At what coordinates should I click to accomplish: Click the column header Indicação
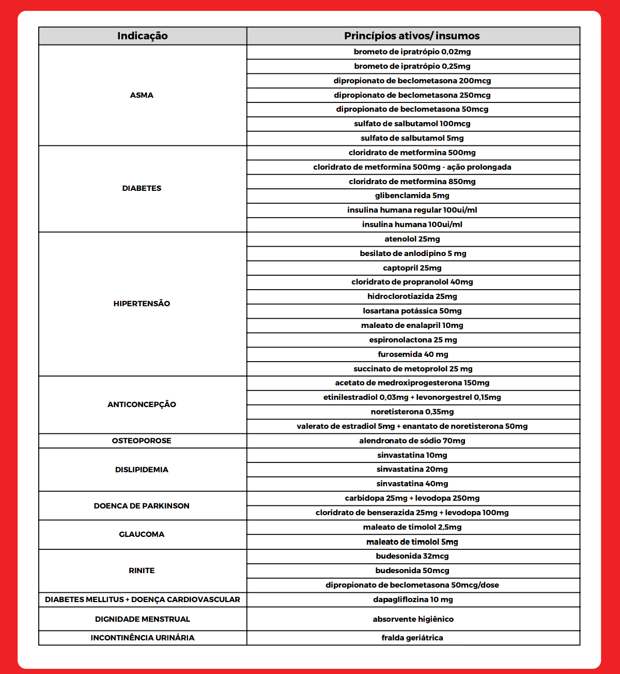click(x=142, y=36)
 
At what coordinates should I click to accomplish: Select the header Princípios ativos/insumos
click(x=412, y=36)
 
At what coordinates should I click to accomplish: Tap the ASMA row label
click(x=142, y=95)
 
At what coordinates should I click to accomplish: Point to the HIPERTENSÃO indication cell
click(x=142, y=304)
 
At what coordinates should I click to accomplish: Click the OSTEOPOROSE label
click(x=142, y=441)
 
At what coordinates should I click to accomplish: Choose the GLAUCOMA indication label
click(x=142, y=534)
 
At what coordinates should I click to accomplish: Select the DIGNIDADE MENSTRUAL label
click(x=142, y=619)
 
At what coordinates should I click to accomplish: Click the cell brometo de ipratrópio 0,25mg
click(x=412, y=66)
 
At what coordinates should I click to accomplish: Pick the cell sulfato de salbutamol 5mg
click(x=412, y=138)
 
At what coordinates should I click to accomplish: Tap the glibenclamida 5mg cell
click(x=412, y=196)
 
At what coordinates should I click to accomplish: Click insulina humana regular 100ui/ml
click(x=412, y=210)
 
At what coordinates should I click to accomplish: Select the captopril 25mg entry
click(x=412, y=268)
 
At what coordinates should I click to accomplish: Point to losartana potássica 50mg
click(x=412, y=311)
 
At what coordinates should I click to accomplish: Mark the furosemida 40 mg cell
click(x=412, y=354)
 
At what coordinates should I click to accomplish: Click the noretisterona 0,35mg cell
click(x=412, y=412)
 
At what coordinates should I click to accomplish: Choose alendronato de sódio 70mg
click(x=412, y=441)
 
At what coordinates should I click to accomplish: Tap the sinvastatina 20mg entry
click(x=412, y=469)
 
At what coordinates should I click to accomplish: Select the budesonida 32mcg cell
click(x=412, y=556)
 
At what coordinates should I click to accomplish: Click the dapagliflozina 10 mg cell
click(x=412, y=600)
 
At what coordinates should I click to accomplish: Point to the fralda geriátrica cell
click(x=412, y=638)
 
